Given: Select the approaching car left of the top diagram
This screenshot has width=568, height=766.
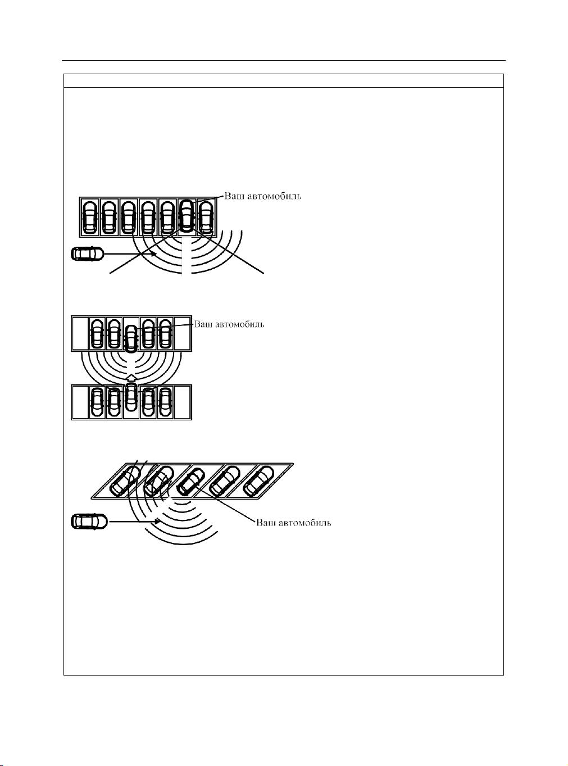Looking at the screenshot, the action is pyautogui.click(x=87, y=253).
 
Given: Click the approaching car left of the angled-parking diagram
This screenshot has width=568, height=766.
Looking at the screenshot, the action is pyautogui.click(x=89, y=521).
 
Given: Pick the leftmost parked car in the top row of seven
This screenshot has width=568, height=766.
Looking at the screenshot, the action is pyautogui.click(x=89, y=217).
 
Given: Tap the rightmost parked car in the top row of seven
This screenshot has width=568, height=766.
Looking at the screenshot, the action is pyautogui.click(x=206, y=217).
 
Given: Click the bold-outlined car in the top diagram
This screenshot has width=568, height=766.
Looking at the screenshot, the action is pyautogui.click(x=187, y=215).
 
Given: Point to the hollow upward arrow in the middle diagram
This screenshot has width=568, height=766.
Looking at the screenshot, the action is pyautogui.click(x=131, y=378).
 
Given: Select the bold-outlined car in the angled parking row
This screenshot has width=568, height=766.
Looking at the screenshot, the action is pyautogui.click(x=190, y=481).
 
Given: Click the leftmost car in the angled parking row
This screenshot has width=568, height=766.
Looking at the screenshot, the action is pyautogui.click(x=125, y=480).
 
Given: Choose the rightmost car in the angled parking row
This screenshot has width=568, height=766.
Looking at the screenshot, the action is pyautogui.click(x=258, y=480).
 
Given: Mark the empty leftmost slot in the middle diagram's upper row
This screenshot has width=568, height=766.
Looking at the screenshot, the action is pyautogui.click(x=80, y=333).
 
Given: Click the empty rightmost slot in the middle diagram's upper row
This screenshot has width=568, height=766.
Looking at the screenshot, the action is pyautogui.click(x=183, y=333).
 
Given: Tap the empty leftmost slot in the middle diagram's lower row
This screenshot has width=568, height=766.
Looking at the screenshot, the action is pyautogui.click(x=80, y=402).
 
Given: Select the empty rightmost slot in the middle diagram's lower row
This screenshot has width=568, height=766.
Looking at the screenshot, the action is pyautogui.click(x=183, y=402).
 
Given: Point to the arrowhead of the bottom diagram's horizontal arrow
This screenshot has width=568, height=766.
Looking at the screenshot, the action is pyautogui.click(x=156, y=522).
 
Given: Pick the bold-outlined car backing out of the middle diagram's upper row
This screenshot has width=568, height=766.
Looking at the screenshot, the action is pyautogui.click(x=130, y=339).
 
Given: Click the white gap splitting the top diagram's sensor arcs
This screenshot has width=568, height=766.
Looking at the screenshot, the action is pyautogui.click(x=187, y=257).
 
